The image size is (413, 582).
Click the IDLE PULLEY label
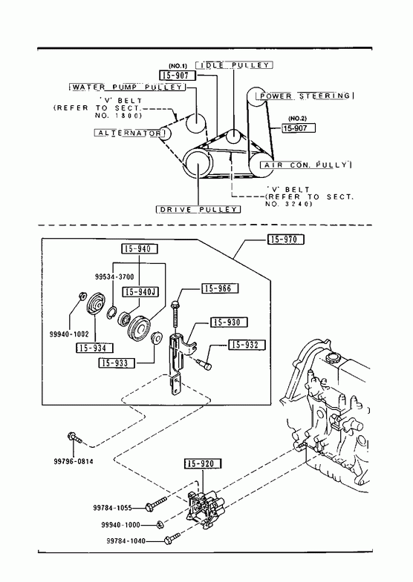pos(234,65)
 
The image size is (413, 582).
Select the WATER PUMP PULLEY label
pos(128,87)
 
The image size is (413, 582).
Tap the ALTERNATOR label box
pos(129,133)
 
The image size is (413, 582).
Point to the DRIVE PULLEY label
pos(198,209)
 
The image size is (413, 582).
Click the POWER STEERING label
pos(305,96)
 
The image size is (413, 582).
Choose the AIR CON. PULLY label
pos(305,165)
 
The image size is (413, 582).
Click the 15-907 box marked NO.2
pos(299,128)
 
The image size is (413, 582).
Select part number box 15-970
pos(286,239)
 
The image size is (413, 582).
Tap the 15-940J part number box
pos(140,292)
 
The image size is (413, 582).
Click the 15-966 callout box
pos(220,288)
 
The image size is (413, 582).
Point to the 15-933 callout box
pos(116,363)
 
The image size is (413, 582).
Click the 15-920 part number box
pos(203,463)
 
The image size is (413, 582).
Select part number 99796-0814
pos(74,461)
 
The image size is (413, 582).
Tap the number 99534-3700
pos(114,277)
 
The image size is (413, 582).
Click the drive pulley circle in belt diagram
pos(198,164)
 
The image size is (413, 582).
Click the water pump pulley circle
pos(195,123)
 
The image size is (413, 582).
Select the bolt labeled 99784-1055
pos(156,503)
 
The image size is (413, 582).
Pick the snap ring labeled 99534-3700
pos(111,313)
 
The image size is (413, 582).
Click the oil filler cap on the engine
pos(332,359)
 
